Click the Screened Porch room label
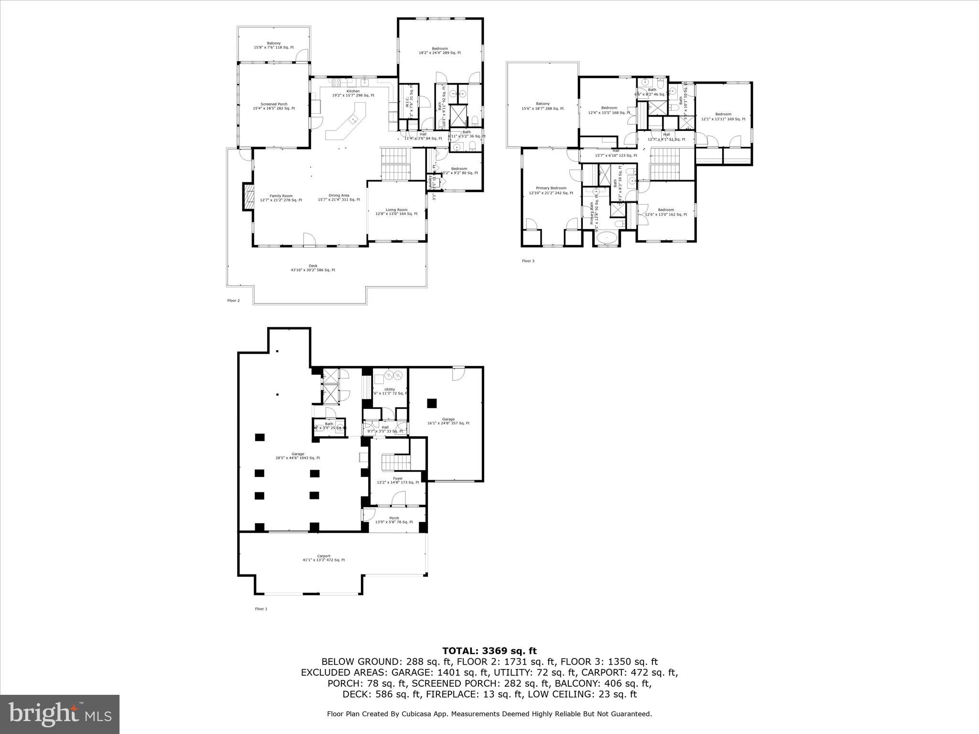(x=273, y=106)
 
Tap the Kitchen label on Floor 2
(x=353, y=93)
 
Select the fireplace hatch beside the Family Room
(x=248, y=197)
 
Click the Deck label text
(x=313, y=268)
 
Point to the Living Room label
(x=396, y=212)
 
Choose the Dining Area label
(x=338, y=197)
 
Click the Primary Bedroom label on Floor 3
(x=551, y=190)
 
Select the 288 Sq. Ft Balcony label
(x=542, y=106)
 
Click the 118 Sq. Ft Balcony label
(x=273, y=45)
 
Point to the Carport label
(x=323, y=558)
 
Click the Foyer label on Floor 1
(x=398, y=480)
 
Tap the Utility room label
(x=390, y=391)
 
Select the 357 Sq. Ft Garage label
(x=448, y=421)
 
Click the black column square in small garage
(x=432, y=403)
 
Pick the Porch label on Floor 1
(x=394, y=520)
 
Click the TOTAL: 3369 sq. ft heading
(x=489, y=650)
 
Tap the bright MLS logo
(x=60, y=714)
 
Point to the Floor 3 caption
(x=528, y=261)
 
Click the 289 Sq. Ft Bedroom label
(x=439, y=51)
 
